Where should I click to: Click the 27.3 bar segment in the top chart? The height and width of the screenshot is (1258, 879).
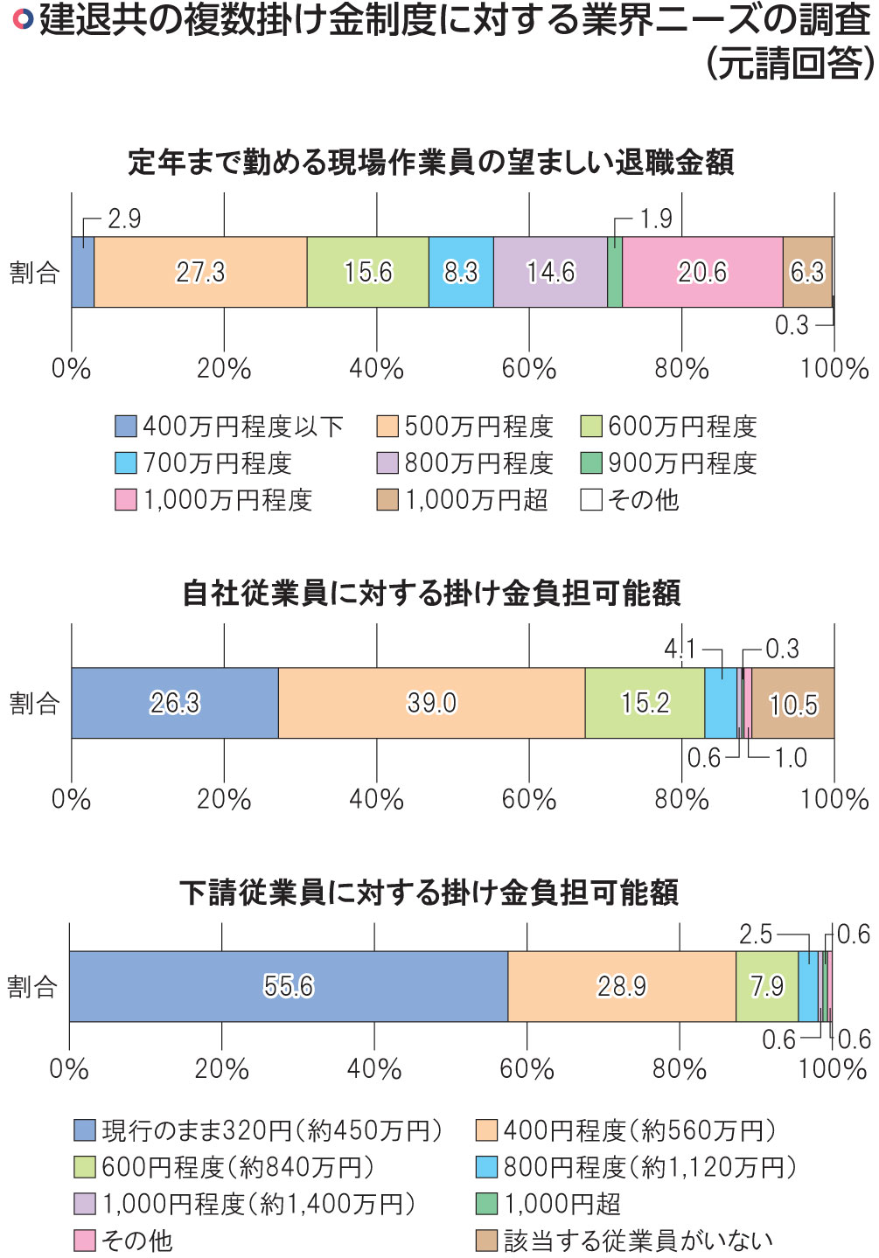pos(200,272)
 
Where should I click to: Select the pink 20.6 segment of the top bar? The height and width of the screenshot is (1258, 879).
pos(702,272)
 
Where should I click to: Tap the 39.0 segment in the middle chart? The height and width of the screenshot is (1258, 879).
pos(431,703)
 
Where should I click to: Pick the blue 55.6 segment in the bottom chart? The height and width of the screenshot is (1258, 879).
pos(289,986)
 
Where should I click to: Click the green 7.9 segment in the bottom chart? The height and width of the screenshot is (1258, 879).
pos(767,986)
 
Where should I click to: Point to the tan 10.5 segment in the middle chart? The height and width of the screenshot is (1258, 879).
pos(793,704)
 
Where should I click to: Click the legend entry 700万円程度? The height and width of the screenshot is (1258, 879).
pos(204,463)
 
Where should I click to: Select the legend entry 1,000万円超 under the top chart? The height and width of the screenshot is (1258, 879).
pos(463,500)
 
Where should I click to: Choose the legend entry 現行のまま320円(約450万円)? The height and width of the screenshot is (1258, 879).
pos(259,1130)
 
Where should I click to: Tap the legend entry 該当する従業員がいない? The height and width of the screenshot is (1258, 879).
pos(624,1241)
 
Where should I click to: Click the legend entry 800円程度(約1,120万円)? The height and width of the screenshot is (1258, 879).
pos(637,1167)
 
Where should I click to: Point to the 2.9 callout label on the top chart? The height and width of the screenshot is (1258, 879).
pos(124,219)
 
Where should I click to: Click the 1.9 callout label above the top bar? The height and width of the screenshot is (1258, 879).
pos(656,219)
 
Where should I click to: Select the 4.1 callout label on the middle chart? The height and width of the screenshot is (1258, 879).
pos(680,649)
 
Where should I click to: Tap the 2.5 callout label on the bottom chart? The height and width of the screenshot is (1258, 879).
pos(756,935)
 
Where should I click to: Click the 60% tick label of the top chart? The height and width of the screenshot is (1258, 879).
pos(529,369)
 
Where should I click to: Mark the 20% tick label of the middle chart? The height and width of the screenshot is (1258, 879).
pos(224,799)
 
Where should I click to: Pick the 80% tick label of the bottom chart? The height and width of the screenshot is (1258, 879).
pos(680,1068)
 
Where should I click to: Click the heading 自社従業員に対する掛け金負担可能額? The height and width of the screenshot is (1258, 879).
pos(431,594)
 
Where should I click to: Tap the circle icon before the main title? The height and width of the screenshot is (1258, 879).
pos(24,19)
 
